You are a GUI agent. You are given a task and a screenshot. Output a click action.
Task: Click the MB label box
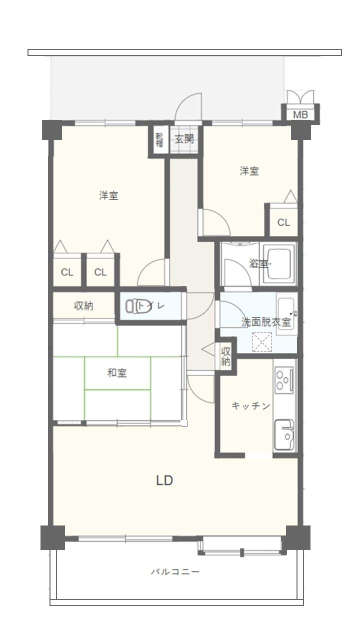click(x=300, y=114)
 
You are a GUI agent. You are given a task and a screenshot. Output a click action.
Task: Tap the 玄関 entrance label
click(x=184, y=139)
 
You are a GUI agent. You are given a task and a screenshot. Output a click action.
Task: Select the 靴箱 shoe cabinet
click(x=159, y=139)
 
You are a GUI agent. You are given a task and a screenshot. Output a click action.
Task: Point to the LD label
click(x=164, y=480)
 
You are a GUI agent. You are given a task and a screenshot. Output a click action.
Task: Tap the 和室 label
click(x=117, y=373)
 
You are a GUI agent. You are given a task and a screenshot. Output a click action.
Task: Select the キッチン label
click(x=251, y=405)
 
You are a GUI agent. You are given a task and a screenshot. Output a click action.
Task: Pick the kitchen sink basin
click(x=284, y=435)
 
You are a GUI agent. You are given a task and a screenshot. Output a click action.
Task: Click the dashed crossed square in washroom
click(x=261, y=341)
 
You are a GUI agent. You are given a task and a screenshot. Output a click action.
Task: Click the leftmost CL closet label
click(x=67, y=272)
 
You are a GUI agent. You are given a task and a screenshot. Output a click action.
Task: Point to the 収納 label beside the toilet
click(x=83, y=306)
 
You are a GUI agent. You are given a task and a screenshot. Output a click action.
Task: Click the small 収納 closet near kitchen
click(x=225, y=356)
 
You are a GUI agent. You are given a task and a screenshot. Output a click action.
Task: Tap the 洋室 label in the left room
click(x=109, y=196)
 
